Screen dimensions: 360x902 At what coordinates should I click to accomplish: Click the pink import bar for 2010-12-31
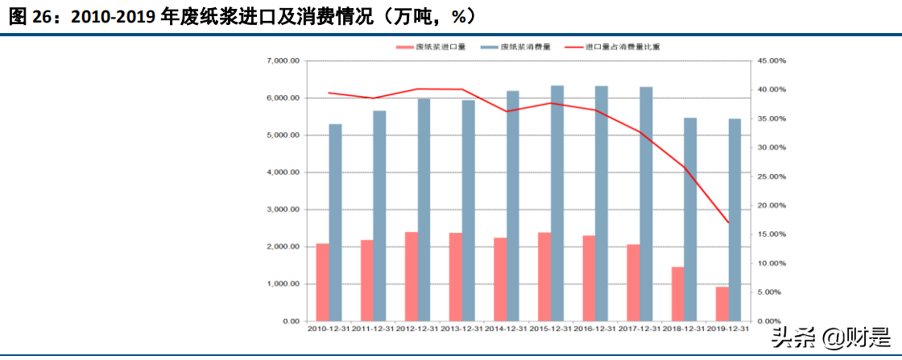coord(322,282)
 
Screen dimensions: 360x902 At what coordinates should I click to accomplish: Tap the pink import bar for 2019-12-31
coord(722,304)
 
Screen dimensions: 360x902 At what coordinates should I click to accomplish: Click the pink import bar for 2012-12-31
coord(411,276)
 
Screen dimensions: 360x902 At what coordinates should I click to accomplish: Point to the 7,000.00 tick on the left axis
coord(283,61)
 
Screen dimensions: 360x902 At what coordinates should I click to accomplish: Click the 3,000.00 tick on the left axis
coord(283,209)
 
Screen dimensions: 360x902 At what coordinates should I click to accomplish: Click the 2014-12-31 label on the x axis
coord(506,328)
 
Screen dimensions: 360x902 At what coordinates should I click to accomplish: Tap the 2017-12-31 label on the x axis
coord(639,328)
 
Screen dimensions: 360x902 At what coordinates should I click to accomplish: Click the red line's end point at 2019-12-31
coord(729,223)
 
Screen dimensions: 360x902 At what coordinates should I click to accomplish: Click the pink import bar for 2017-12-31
coord(634,283)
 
